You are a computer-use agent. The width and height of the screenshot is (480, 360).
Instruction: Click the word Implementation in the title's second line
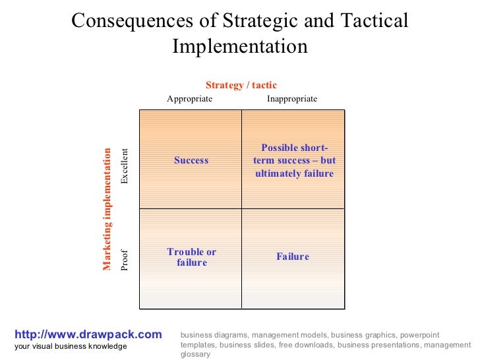point(240,47)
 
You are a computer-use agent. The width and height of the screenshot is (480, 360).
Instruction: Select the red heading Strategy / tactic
point(241,85)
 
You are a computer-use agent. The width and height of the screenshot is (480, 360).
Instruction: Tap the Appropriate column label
point(189,99)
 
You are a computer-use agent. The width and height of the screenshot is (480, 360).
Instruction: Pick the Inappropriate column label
point(292,99)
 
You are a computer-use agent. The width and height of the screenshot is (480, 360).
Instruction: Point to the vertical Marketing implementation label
point(107,208)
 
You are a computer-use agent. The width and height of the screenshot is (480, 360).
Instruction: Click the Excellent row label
point(125,166)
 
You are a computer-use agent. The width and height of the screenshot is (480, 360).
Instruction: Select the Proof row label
point(125,260)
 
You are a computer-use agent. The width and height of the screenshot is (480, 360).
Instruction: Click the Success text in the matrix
point(191,160)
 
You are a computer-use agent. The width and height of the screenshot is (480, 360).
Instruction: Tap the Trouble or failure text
point(191,257)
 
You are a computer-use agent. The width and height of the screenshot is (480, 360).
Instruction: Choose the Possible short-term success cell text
point(293,160)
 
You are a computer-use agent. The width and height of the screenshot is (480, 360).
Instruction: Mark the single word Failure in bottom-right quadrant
point(293,256)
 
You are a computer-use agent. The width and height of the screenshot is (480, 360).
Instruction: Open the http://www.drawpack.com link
point(88,335)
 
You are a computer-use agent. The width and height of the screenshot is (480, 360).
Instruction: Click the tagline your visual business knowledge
point(71,347)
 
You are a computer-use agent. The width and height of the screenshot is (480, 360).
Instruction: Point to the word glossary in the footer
point(195,354)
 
